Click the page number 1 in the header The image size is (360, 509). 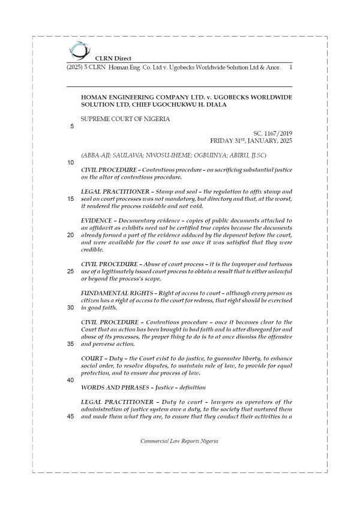pos(290,68)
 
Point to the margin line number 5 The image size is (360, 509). pos(73,127)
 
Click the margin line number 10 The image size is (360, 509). pos(71,162)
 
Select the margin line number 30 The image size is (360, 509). pos(71,308)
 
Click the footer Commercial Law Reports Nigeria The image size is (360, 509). pos(179,440)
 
